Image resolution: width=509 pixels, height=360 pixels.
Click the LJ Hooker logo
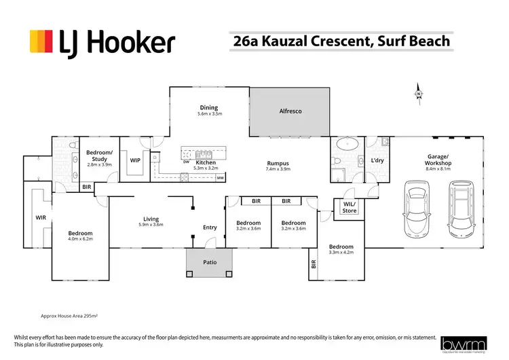(102, 43)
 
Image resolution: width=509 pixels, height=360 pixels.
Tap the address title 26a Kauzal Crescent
(341, 41)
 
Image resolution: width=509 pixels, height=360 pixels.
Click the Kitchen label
(206, 163)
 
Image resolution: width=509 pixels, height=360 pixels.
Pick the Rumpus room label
(278, 164)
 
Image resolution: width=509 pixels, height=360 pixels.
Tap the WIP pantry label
(134, 161)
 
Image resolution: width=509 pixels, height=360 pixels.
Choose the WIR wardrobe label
(40, 218)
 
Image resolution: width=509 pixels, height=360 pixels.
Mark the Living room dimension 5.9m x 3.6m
(151, 225)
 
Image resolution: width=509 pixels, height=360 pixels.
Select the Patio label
(209, 260)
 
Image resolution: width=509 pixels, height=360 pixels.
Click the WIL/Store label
(349, 207)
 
